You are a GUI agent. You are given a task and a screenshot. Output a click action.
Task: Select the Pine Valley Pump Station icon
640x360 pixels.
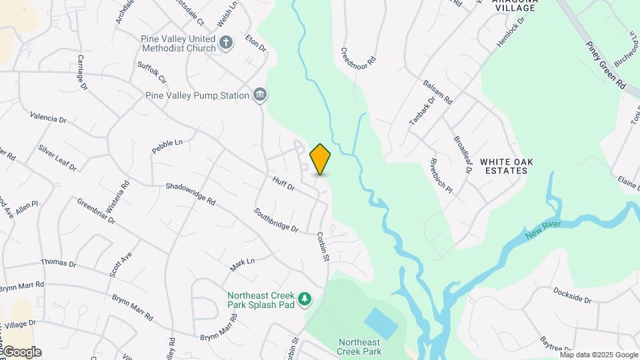click(x=260, y=95)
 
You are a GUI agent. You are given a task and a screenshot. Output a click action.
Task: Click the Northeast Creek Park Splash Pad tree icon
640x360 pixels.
click(x=305, y=299)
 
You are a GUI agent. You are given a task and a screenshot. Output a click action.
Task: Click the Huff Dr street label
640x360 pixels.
click(x=283, y=183)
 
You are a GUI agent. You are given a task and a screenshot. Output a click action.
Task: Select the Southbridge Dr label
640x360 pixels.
click(x=276, y=220)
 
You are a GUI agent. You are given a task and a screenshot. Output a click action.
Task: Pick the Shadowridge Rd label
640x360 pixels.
click(x=191, y=194)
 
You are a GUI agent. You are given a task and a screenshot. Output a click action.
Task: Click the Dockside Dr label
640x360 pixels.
click(x=572, y=295)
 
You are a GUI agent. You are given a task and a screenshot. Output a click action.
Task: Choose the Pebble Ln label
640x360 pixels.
click(x=167, y=147)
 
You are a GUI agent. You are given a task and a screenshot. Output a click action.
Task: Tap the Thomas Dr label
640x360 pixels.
click(x=59, y=263)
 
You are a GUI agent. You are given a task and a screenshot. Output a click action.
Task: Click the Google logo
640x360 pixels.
click(x=21, y=352)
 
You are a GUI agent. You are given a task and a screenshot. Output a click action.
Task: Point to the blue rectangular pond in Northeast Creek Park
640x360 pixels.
click(x=381, y=322)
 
